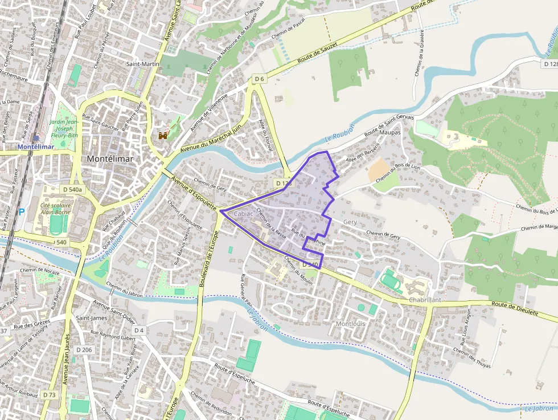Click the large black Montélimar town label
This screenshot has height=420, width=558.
(110, 158)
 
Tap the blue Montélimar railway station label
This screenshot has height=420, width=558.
(36, 146)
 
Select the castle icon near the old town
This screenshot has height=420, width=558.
(163, 136)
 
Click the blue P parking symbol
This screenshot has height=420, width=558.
(22, 212)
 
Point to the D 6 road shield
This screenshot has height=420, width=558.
(260, 78)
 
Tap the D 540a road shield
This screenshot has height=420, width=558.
(72, 189)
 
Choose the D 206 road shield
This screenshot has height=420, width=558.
(83, 349)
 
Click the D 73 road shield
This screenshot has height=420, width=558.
(49, 394)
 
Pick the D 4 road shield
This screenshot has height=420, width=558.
(139, 330)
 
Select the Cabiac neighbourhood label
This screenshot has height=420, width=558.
(243, 213)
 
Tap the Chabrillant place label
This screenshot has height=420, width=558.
(425, 300)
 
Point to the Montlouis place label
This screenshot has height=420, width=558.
(350, 324)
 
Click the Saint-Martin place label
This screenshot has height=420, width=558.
(142, 64)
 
